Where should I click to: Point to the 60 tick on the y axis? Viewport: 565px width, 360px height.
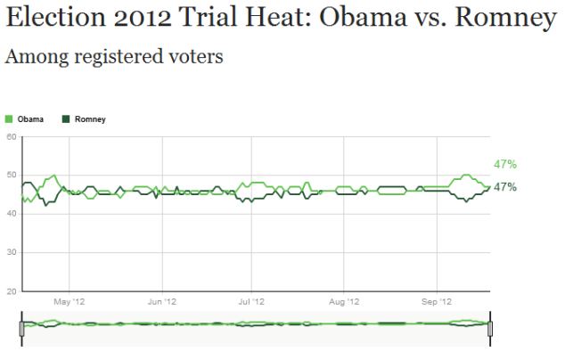12,136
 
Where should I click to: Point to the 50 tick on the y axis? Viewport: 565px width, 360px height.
12,176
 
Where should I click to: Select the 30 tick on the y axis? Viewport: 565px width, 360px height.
12,253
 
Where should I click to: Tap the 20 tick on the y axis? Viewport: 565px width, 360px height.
12,291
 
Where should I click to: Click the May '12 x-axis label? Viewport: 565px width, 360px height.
70,302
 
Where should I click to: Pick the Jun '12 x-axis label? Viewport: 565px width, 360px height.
160,302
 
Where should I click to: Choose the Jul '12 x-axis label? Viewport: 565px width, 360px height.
250,302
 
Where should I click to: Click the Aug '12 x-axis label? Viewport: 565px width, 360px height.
344,302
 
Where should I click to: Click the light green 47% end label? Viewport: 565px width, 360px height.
505,165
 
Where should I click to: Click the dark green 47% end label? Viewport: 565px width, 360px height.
505,187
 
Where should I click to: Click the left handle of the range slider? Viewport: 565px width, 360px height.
21,327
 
